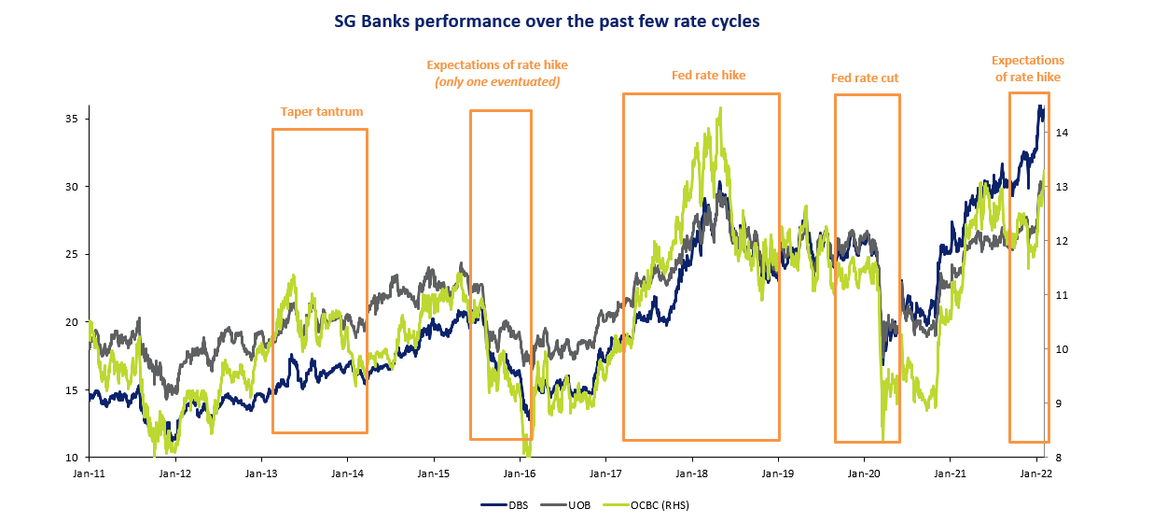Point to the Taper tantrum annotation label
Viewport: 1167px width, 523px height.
pyautogui.click(x=321, y=112)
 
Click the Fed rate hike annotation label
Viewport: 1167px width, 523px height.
pyautogui.click(x=708, y=76)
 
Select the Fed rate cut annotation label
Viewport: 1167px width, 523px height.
pyautogui.click(x=865, y=78)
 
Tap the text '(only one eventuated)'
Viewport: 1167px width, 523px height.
pyautogui.click(x=496, y=82)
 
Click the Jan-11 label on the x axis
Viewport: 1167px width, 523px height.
pyautogui.click(x=90, y=474)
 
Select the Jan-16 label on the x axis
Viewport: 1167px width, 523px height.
pyautogui.click(x=520, y=474)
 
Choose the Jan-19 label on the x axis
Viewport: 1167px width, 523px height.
pyautogui.click(x=778, y=474)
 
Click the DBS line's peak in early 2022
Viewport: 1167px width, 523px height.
pyautogui.click(x=1040, y=106)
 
